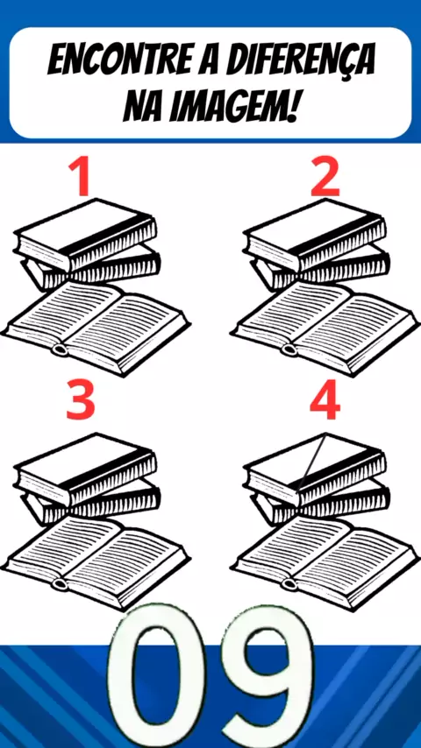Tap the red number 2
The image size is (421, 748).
pos(325,177)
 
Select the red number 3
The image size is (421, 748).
pos(81,401)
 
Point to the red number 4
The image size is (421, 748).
pos(325,401)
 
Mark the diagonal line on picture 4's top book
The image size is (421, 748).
pos(311,462)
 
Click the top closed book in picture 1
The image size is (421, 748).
pos(86,234)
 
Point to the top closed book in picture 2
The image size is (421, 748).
pos(316,234)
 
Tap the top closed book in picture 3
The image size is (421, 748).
pos(86,468)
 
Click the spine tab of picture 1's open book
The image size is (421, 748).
pos(60,349)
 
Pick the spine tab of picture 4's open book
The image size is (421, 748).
pos(289,583)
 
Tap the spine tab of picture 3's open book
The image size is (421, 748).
pos(60,583)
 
